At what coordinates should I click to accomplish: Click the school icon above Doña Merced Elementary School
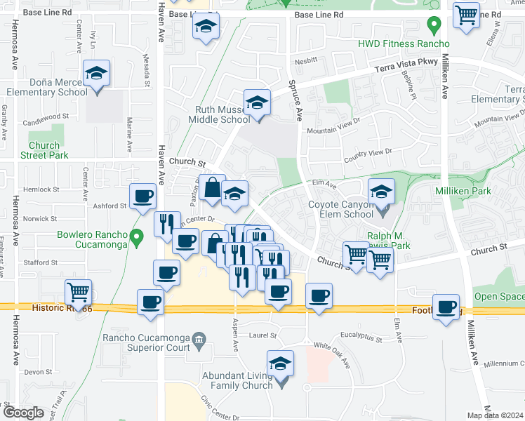pyautogui.click(x=97, y=73)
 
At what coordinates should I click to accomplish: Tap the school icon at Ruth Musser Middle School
pyautogui.click(x=258, y=104)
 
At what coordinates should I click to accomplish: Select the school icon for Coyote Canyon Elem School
pyautogui.click(x=381, y=192)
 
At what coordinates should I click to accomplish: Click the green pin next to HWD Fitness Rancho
pyautogui.click(x=434, y=27)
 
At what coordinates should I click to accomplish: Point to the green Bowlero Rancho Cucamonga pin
pyautogui.click(x=139, y=239)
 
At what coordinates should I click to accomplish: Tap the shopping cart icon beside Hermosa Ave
pyautogui.click(x=78, y=291)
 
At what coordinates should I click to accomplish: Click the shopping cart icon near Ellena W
pyautogui.click(x=466, y=15)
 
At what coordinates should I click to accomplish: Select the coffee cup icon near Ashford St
pyautogui.click(x=143, y=196)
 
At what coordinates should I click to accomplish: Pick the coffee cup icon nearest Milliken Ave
pyautogui.click(x=446, y=308)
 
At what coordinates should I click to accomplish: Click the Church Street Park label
pyautogui.click(x=40, y=151)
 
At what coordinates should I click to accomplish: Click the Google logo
pyautogui.click(x=23, y=413)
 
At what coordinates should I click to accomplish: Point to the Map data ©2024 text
pyautogui.click(x=496, y=415)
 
